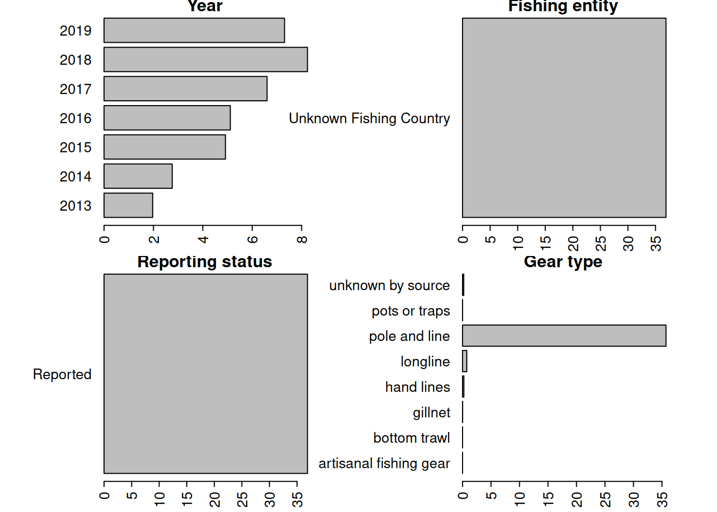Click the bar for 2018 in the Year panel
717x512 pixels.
coord(205,59)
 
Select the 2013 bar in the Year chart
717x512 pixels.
coord(128,205)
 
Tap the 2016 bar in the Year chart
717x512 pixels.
coord(167,118)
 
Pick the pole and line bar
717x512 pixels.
coord(564,335)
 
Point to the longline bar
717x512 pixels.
coord(465,361)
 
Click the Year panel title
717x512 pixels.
coord(205,6)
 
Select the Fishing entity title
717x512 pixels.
coord(563,6)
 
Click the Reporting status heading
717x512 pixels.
coord(205,262)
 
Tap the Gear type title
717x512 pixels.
coord(563,262)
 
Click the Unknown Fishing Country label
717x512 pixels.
coord(369,118)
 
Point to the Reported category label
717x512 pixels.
coord(62,374)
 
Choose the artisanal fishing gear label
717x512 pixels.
coord(384,463)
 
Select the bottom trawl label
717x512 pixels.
coord(411,438)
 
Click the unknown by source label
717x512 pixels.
coord(389,285)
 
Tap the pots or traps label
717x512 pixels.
coord(411,311)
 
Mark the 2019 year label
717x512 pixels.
coord(75,31)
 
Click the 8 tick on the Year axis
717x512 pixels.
coord(302,239)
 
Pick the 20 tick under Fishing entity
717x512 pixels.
coord(573,243)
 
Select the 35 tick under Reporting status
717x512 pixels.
coord(297,499)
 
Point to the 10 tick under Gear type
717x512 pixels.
coord(520,499)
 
